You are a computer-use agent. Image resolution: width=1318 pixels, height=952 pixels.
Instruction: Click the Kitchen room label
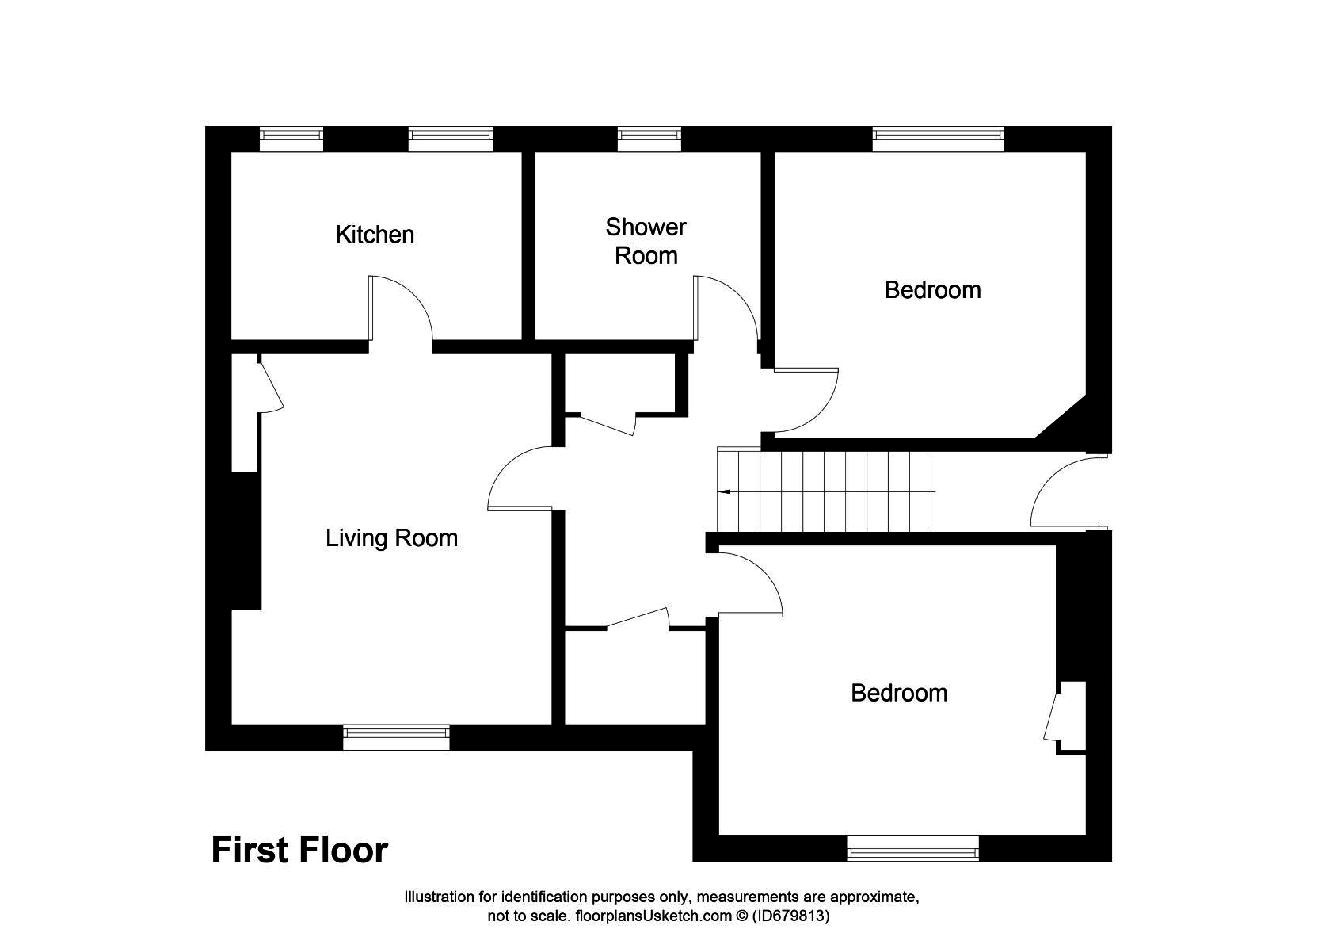pos(375,235)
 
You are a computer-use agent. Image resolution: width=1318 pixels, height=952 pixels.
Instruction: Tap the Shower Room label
pos(646,241)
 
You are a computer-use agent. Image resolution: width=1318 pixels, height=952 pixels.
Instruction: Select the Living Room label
pos(391,538)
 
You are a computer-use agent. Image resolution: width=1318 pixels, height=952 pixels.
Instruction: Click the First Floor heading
pos(299,851)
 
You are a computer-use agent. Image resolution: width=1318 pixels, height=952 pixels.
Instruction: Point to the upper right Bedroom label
pos(932,290)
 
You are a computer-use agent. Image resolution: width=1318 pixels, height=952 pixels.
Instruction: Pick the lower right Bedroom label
pos(899,693)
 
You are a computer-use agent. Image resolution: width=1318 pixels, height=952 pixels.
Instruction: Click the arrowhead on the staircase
pos(723,491)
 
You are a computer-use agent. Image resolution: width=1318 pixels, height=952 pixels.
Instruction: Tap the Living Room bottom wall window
pos(396,737)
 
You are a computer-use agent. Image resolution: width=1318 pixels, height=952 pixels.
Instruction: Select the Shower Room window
pos(649,139)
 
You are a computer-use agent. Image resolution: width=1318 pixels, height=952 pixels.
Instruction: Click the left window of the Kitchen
pos(291,139)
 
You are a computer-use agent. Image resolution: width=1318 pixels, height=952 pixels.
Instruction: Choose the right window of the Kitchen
pos(451,139)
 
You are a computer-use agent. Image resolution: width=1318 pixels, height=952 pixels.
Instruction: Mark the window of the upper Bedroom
pos(939,139)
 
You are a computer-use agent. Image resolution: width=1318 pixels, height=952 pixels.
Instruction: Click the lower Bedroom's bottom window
pos(912,848)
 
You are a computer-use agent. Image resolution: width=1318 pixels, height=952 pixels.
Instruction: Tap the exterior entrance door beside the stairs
pos(1061,491)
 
